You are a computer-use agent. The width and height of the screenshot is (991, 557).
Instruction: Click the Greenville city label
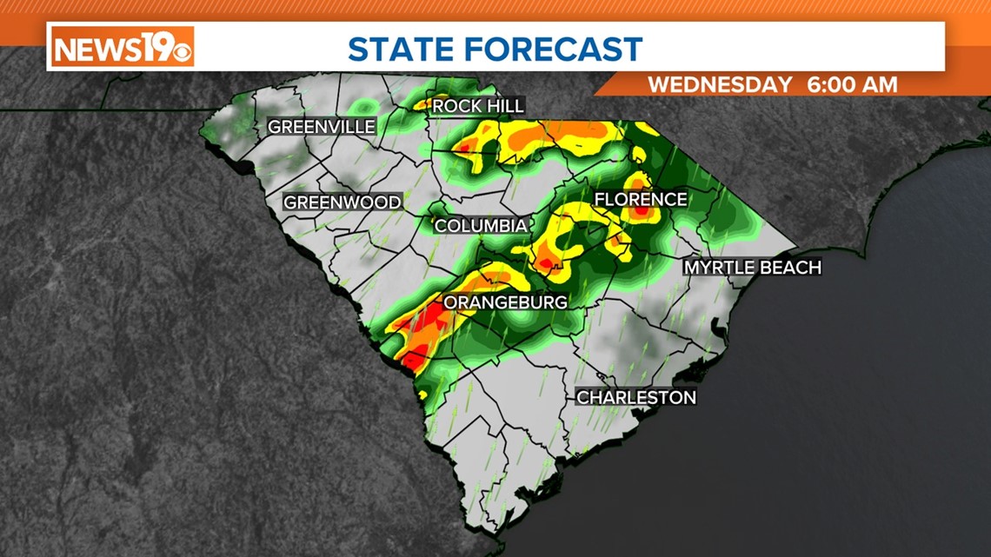pos(321,127)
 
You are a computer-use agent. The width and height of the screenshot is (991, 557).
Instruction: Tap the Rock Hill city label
pos(478,106)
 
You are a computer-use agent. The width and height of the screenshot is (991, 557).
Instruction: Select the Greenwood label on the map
pos(343,202)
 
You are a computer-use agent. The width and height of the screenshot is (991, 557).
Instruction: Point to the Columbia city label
pos(481,226)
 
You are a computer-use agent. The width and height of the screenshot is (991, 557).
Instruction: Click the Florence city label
pos(640,200)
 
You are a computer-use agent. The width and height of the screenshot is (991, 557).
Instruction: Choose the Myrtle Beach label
pos(752,268)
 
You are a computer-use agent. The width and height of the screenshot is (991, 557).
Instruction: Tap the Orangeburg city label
pos(506,302)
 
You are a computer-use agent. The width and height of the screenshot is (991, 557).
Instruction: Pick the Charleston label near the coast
pos(636,397)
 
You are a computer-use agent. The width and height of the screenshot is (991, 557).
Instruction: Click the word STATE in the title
pos(403,49)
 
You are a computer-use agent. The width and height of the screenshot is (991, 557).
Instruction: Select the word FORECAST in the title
pos(557,49)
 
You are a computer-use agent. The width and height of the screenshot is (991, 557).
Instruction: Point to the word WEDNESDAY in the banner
pos(721,85)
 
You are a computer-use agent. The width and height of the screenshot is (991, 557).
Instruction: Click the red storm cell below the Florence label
pos(641,212)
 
